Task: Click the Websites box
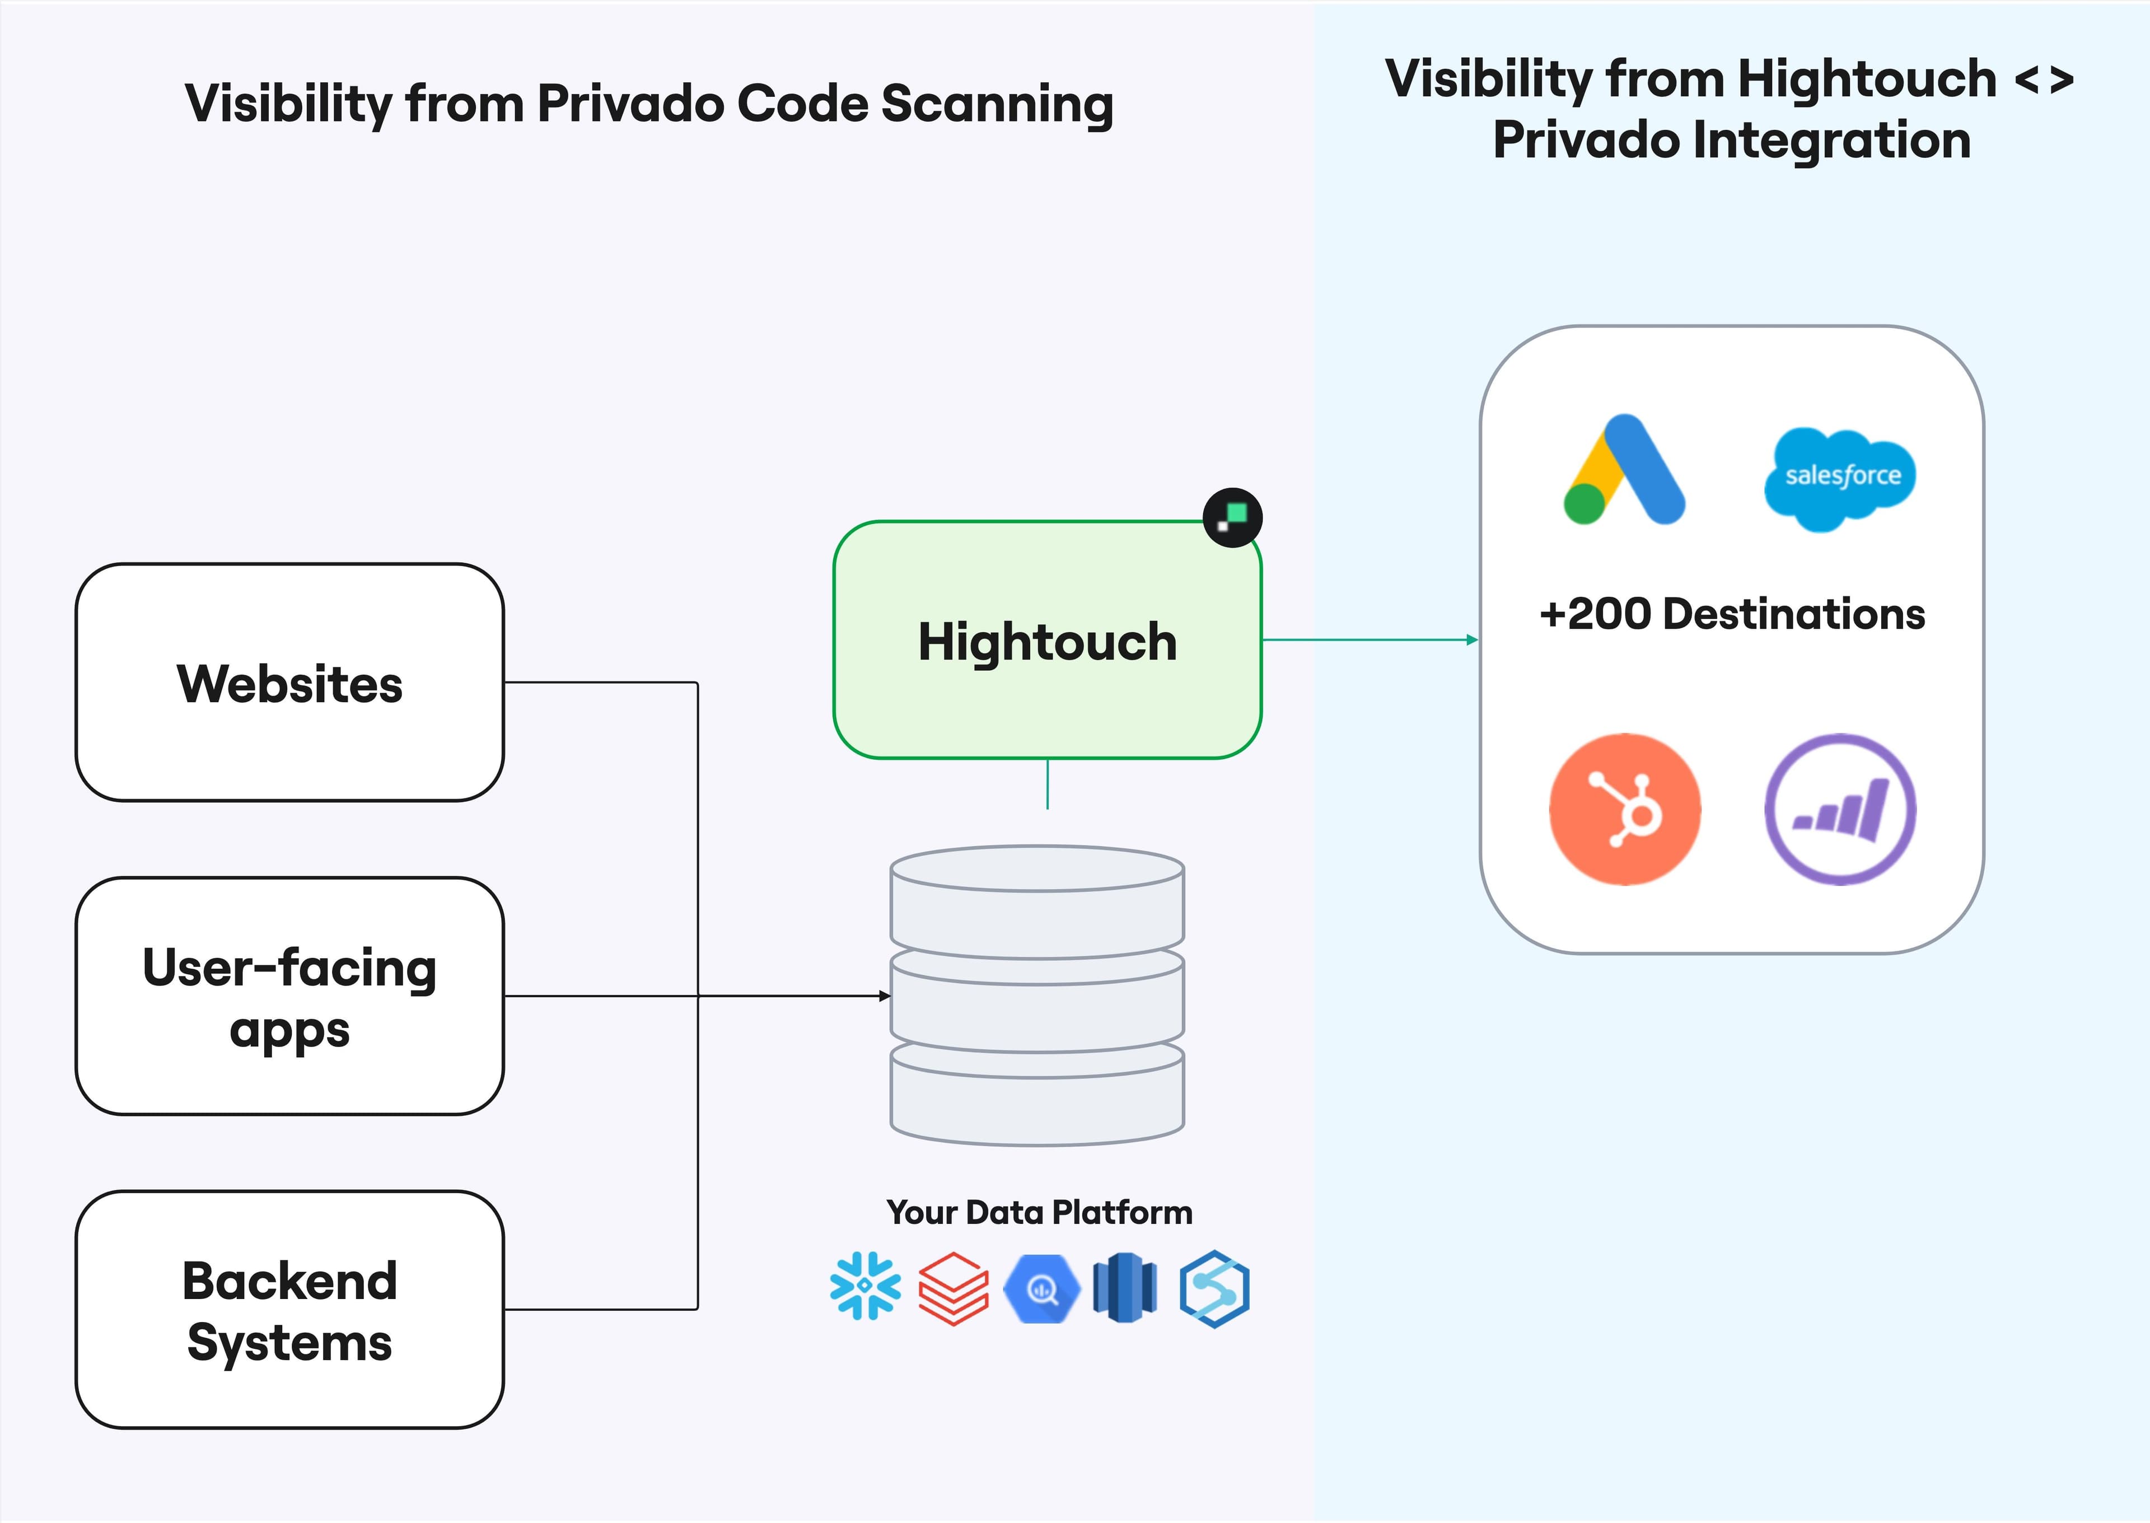point(289,683)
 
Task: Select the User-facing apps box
point(289,996)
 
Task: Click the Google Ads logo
point(1624,471)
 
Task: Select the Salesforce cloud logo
point(1840,476)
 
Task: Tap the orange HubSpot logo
point(1624,809)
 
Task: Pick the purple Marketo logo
point(1840,809)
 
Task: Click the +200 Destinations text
point(1732,614)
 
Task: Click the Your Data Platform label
point(1039,1213)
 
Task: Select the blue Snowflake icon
point(864,1287)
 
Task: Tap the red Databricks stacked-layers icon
point(952,1288)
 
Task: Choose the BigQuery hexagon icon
point(1041,1288)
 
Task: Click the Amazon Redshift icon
point(1125,1288)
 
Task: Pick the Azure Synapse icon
point(1214,1288)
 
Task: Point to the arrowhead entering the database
point(884,996)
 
